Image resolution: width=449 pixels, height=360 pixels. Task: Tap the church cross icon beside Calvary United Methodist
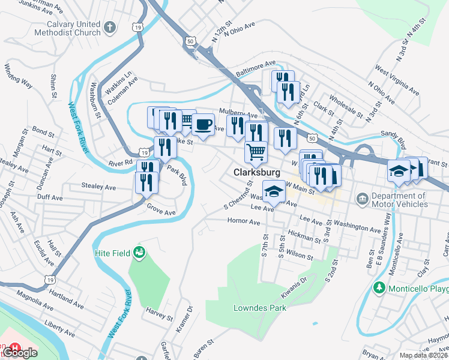(109, 28)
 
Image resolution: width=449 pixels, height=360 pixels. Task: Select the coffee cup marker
(204, 125)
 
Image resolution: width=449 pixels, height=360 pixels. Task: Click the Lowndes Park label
(259, 308)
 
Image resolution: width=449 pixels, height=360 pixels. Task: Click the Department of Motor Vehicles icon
(362, 199)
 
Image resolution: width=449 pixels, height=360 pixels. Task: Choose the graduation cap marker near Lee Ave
(274, 191)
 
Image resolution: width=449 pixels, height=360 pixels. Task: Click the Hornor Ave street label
(244, 221)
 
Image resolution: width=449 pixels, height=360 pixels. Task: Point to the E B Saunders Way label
(387, 238)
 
